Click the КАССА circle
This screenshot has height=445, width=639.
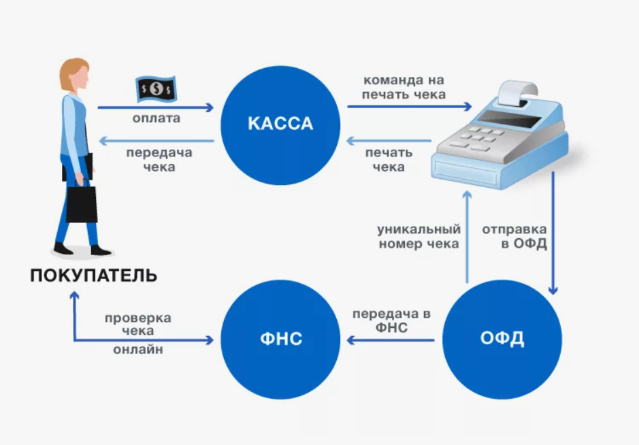(280, 123)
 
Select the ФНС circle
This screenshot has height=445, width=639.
(280, 338)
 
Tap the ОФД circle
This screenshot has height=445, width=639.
(502, 338)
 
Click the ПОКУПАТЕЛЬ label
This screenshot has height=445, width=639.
(94, 276)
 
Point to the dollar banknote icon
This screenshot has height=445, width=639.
(156, 88)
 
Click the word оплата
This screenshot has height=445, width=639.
(157, 118)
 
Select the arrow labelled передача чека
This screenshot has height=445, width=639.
(157, 142)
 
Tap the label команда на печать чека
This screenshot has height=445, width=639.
(404, 87)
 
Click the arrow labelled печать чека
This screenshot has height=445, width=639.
(389, 142)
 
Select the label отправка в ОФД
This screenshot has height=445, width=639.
(515, 236)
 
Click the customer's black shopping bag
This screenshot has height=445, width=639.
(82, 203)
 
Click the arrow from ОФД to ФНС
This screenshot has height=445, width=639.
(391, 339)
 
